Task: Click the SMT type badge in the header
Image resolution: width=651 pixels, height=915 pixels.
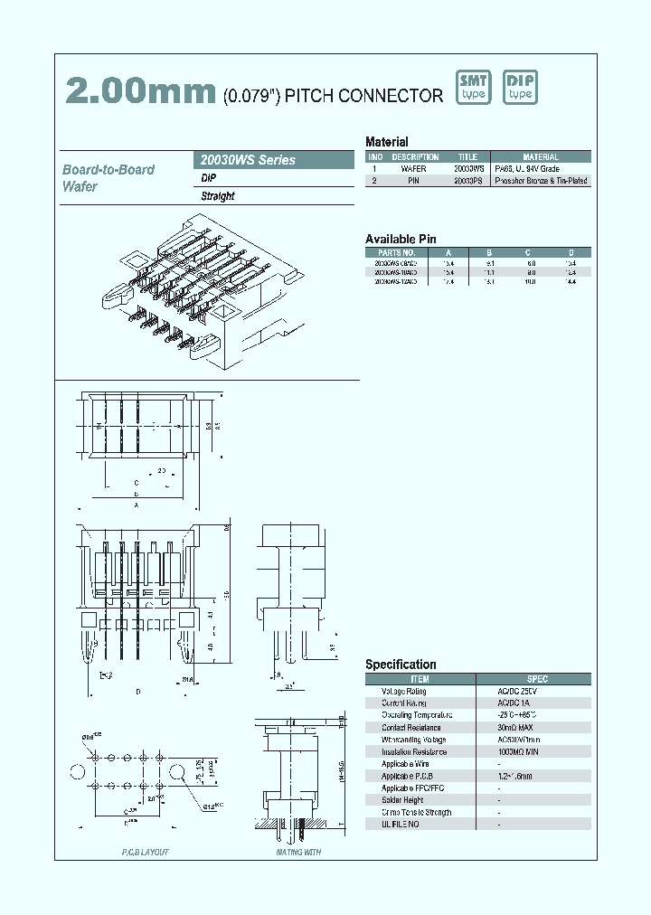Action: pyautogui.click(x=473, y=88)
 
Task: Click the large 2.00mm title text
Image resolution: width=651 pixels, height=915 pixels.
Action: pyautogui.click(x=140, y=91)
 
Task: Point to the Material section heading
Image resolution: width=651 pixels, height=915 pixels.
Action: pyautogui.click(x=387, y=142)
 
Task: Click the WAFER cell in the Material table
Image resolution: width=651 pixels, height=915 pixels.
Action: pyautogui.click(x=413, y=169)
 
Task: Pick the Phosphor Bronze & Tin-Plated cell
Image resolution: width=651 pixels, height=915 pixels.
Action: pyautogui.click(x=542, y=181)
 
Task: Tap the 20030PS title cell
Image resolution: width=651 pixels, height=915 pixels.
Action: pyautogui.click(x=467, y=181)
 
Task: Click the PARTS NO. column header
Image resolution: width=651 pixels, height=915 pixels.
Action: pyautogui.click(x=397, y=252)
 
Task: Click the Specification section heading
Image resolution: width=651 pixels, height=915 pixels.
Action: pyautogui.click(x=401, y=665)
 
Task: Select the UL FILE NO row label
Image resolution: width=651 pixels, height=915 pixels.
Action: pyautogui.click(x=400, y=824)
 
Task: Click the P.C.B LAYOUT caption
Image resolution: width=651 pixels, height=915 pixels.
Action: pyautogui.click(x=145, y=852)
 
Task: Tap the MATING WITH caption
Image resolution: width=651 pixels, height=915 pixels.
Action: pyautogui.click(x=298, y=852)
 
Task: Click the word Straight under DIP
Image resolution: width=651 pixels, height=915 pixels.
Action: pyautogui.click(x=218, y=196)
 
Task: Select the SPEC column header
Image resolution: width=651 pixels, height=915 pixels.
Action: pyautogui.click(x=537, y=678)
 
